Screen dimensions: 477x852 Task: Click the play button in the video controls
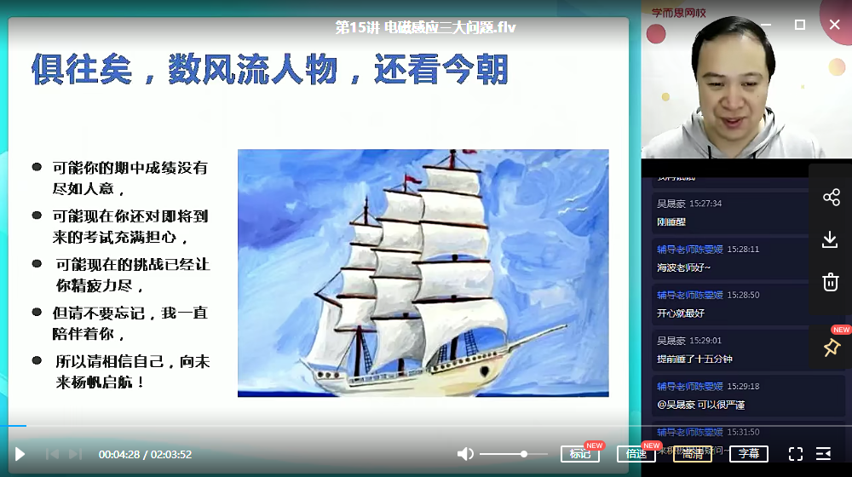click(20, 454)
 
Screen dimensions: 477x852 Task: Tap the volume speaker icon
click(465, 454)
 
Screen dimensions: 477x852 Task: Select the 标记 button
click(580, 454)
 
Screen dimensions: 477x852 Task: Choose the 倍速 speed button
click(636, 454)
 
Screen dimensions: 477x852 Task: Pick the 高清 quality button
click(692, 454)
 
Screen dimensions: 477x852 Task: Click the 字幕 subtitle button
click(748, 454)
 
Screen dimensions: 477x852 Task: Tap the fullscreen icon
click(796, 454)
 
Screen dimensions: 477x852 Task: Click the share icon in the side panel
click(831, 198)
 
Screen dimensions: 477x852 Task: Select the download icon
click(831, 240)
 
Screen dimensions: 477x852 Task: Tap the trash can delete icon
click(831, 282)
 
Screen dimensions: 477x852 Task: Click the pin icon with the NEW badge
click(832, 348)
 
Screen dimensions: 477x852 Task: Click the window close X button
click(834, 25)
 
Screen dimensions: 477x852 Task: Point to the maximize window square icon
click(799, 25)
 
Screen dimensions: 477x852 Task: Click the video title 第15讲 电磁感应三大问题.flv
click(425, 27)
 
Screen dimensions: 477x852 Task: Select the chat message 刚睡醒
click(671, 222)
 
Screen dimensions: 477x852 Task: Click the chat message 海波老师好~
click(683, 267)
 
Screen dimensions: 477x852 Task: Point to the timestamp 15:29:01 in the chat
click(705, 340)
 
